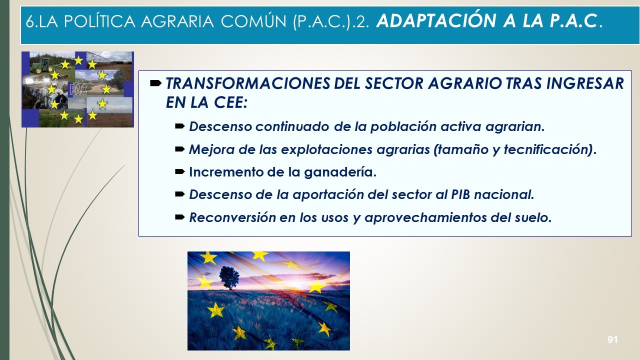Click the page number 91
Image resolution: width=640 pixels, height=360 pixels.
tap(612, 339)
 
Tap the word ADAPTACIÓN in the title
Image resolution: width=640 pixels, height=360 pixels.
tap(436, 20)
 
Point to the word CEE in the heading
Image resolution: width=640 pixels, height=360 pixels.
tap(230, 102)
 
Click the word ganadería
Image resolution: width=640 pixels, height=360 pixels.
tap(340, 172)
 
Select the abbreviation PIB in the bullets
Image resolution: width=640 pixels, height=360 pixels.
tap(460, 194)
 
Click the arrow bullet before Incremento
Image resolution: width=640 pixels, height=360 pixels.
tap(180, 171)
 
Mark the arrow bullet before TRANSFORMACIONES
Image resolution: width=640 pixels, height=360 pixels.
tap(155, 83)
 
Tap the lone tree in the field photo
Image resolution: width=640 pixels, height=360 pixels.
tap(229, 277)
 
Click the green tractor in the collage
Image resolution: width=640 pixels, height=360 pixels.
tap(41, 65)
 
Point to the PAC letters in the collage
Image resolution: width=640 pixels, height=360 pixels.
tap(78, 89)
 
